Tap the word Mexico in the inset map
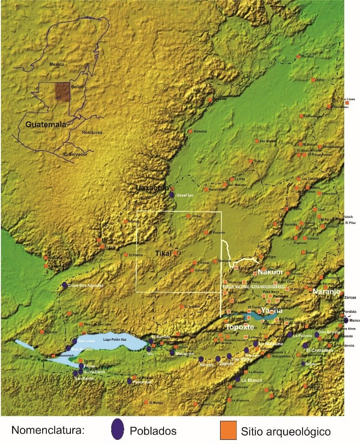(57, 64)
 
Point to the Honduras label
(92, 133)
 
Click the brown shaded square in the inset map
(63, 91)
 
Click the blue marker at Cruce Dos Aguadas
(64, 285)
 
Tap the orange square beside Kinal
(314, 80)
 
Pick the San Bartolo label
(268, 141)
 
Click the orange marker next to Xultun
(251, 161)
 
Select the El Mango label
(156, 402)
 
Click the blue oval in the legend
(118, 430)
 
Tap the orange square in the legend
(228, 430)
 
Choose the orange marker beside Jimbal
(189, 216)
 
